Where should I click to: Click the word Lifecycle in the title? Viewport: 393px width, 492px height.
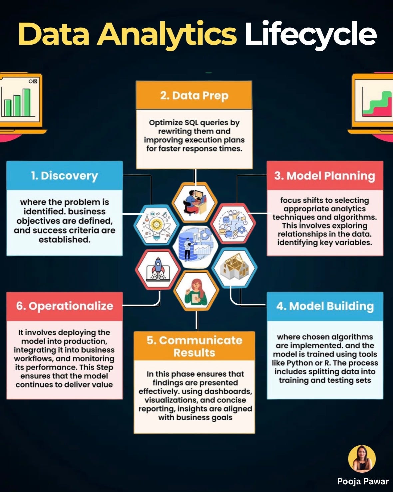tap(310, 34)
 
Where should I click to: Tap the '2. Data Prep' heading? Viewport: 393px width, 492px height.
tap(194, 96)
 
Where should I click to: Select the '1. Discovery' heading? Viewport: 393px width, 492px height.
tap(64, 176)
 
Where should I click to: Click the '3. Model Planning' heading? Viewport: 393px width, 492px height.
tap(325, 176)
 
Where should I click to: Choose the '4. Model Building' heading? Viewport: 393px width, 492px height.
tap(325, 306)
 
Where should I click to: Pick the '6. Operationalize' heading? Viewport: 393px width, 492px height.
tap(65, 306)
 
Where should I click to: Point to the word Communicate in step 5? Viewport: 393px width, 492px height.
tap(195, 340)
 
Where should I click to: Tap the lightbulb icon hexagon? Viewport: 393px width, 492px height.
tap(156, 225)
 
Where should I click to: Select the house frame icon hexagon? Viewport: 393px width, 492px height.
tap(234, 267)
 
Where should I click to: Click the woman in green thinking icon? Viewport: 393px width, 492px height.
tap(196, 291)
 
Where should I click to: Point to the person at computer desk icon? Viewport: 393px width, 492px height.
tap(195, 202)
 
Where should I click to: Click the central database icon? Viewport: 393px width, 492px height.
tap(195, 246)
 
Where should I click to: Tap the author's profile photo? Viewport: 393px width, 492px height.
tap(362, 459)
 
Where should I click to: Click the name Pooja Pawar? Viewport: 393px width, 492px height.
tap(363, 481)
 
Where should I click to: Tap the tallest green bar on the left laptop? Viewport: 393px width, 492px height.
tap(26, 102)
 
